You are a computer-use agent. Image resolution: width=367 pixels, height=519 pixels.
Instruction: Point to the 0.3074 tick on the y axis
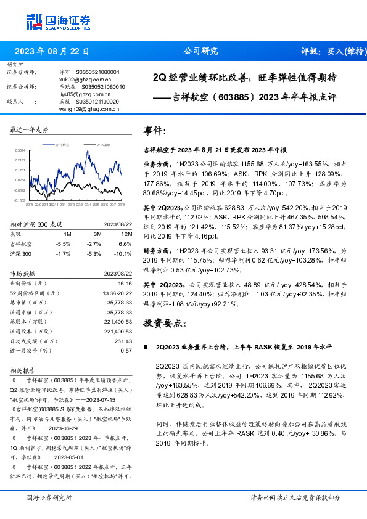point(20,150)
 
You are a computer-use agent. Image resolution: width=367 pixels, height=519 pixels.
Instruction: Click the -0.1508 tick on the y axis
point(20,200)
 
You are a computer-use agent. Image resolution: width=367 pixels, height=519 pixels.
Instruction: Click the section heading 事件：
point(155,131)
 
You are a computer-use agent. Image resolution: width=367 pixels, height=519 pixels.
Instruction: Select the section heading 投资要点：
point(164,322)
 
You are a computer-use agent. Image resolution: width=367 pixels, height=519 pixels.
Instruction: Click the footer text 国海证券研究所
point(49,497)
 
